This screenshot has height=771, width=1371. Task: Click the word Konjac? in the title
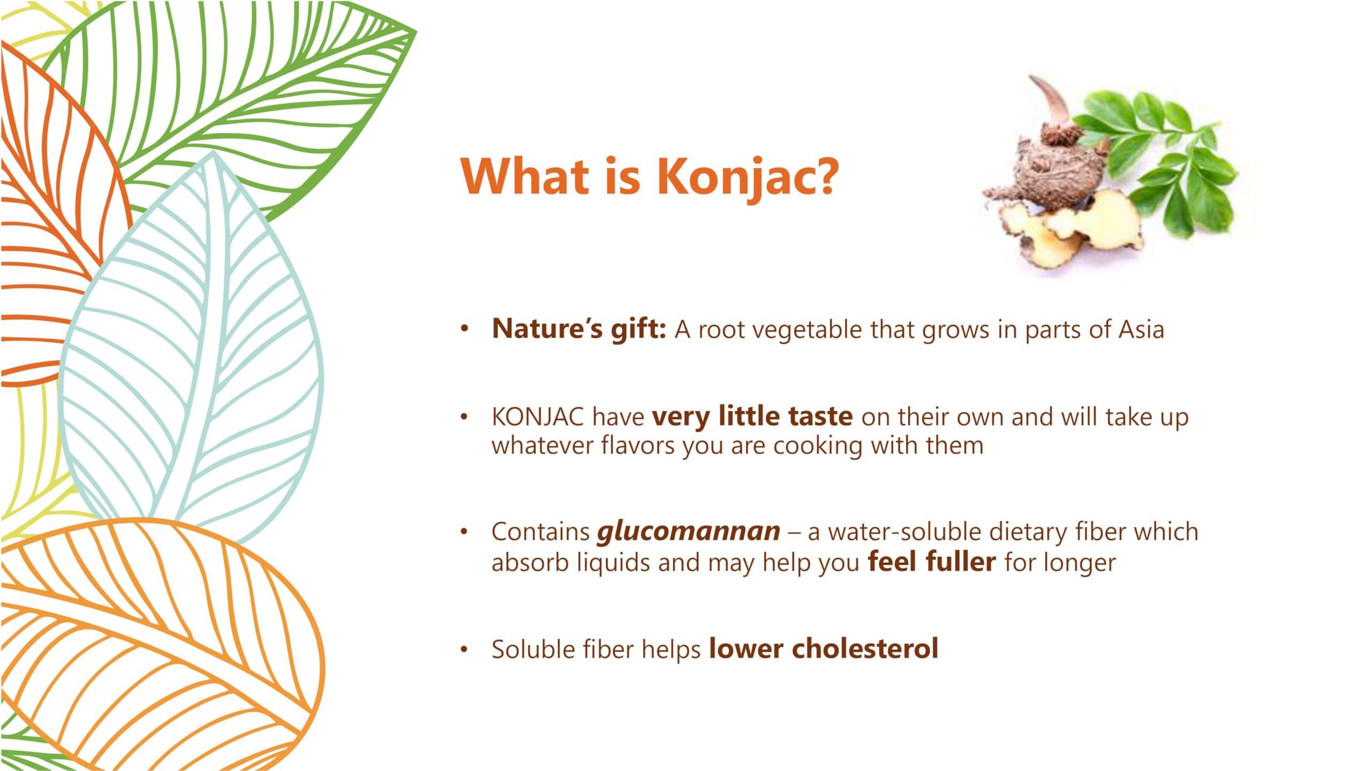click(x=746, y=177)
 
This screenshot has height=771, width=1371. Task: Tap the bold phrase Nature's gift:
click(x=579, y=329)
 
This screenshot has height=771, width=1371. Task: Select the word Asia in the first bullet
click(x=1141, y=329)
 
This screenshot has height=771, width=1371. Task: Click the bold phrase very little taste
click(x=752, y=417)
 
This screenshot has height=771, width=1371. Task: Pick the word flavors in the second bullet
click(x=638, y=445)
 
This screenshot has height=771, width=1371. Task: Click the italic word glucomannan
click(x=689, y=532)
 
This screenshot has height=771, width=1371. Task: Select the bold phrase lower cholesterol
click(x=824, y=648)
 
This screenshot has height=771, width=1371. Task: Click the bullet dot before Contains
click(x=464, y=533)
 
